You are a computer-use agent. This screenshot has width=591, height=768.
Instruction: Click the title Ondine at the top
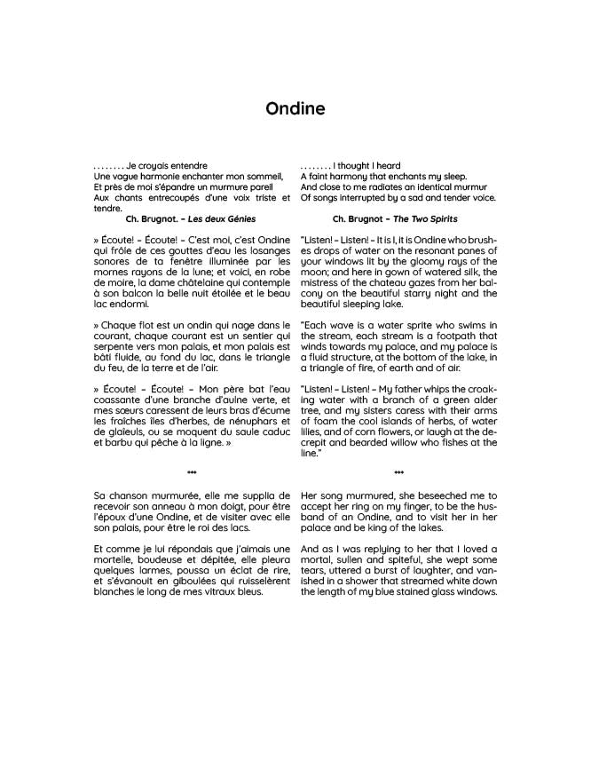click(295, 109)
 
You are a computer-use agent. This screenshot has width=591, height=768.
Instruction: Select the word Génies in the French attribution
click(240, 218)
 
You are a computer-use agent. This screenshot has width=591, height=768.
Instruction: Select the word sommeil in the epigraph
click(264, 177)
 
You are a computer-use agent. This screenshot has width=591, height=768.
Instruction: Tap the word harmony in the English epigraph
click(347, 177)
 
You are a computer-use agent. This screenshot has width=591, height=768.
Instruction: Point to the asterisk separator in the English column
click(398, 473)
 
